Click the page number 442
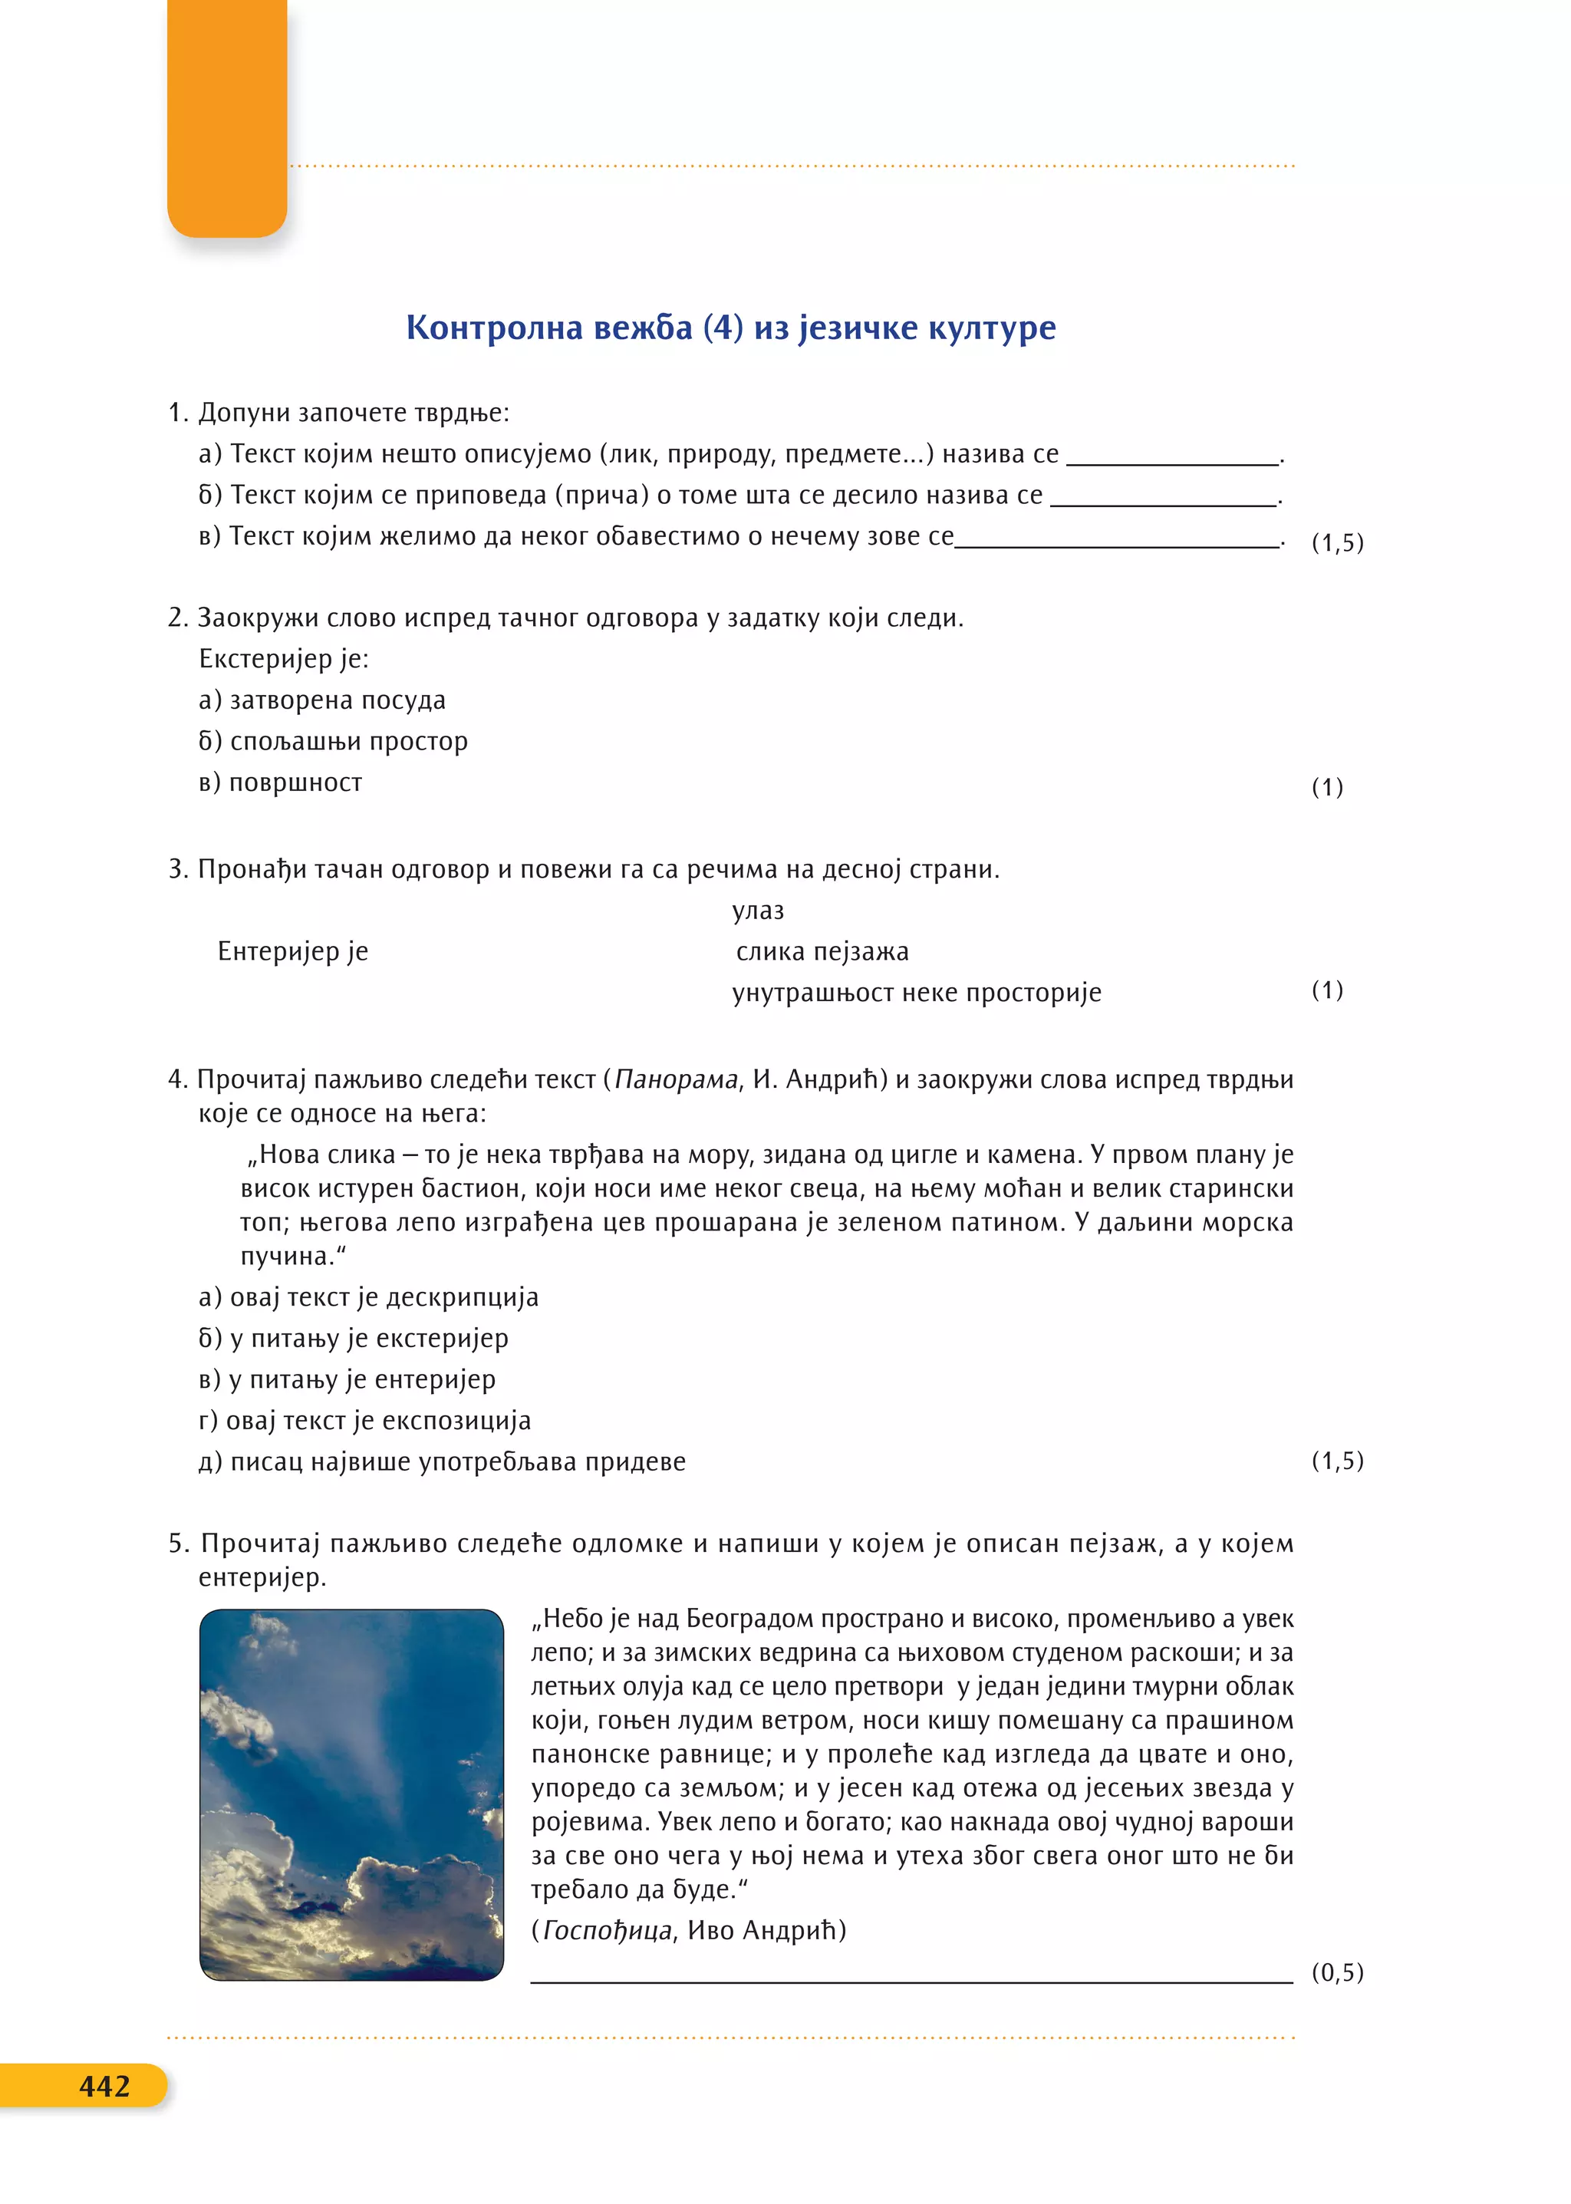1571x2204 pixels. coord(104,2085)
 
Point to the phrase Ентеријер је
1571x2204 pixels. coord(292,951)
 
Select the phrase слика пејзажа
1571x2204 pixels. coord(822,951)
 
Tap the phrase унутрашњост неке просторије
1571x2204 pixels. coord(916,993)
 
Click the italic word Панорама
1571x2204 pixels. coord(676,1079)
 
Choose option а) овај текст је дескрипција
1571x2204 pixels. coord(368,1296)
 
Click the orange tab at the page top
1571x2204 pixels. coord(227,116)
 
